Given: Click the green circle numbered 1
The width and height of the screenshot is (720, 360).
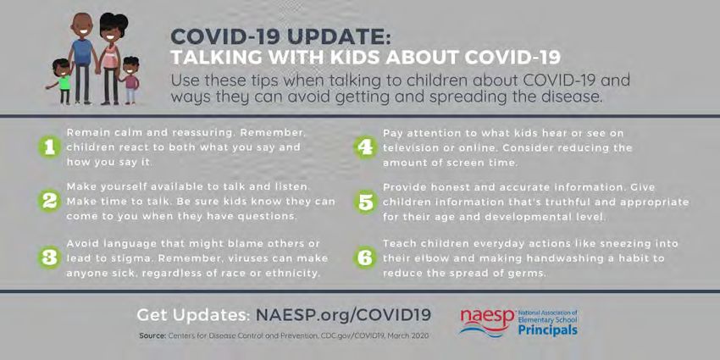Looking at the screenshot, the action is (x=50, y=147).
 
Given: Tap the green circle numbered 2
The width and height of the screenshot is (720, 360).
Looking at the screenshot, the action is (x=50, y=202).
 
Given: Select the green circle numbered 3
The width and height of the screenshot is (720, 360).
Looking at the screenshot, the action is (x=50, y=258).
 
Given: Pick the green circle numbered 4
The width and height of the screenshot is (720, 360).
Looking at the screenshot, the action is (x=366, y=148).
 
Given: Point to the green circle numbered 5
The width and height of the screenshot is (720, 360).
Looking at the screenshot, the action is (x=366, y=202).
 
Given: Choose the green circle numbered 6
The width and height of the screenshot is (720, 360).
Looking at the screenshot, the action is (x=366, y=258).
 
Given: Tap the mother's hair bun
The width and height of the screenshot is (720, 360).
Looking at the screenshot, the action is (x=121, y=19).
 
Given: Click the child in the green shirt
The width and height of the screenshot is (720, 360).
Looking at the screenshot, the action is (x=62, y=80).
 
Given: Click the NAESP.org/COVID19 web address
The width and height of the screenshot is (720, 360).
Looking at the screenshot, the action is (x=343, y=315).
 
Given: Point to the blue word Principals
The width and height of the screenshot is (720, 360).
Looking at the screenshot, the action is (x=548, y=330).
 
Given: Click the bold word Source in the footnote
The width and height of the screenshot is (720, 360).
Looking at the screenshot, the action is (x=152, y=335).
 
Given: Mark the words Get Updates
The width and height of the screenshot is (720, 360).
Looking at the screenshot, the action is (x=193, y=315).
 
